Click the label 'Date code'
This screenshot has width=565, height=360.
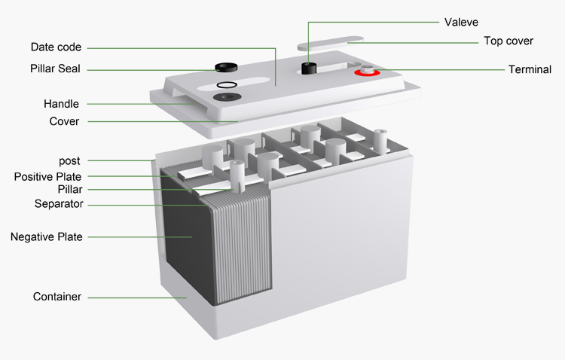[56, 47]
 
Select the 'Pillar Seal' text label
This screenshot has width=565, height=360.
[50, 69]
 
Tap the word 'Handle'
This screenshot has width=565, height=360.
[62, 104]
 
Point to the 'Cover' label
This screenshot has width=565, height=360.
[64, 121]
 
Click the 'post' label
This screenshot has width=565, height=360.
[69, 160]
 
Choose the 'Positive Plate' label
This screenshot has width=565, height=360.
[47, 176]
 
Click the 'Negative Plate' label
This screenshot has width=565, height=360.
[46, 236]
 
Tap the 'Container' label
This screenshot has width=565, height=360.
[56, 297]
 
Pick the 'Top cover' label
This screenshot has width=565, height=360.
[508, 41]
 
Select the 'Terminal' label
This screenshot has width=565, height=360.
[530, 69]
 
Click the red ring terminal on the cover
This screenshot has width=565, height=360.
[367, 73]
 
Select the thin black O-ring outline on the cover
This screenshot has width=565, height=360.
[226, 85]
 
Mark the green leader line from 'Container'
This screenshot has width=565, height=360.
[136, 297]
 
